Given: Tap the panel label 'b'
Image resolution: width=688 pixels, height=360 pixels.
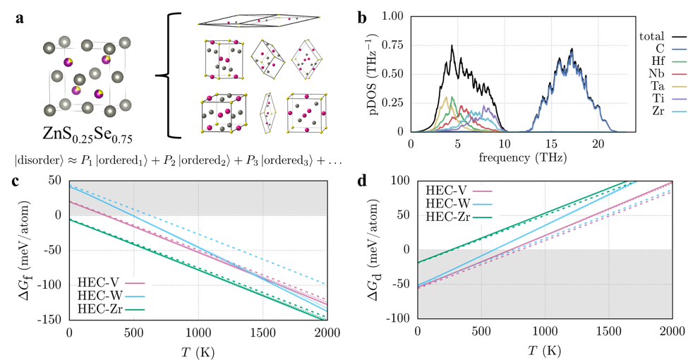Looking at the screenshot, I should pyautogui.click(x=362, y=18).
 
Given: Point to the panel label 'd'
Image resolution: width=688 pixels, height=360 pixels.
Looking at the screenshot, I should pyautogui.click(x=362, y=181).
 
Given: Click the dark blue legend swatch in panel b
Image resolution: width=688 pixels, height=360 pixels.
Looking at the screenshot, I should pyautogui.click(x=680, y=49).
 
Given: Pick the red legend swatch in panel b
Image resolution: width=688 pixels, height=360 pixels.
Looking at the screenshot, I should pyautogui.click(x=680, y=74).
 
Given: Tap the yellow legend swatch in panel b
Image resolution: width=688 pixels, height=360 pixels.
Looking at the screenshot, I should pyautogui.click(x=680, y=86).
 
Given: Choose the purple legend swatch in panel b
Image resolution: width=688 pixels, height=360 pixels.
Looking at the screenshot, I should pyautogui.click(x=680, y=99).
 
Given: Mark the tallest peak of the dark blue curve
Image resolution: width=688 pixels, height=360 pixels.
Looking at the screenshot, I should pyautogui.click(x=571, y=52).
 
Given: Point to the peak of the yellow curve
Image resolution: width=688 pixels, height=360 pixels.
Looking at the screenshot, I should pyautogui.click(x=447, y=97).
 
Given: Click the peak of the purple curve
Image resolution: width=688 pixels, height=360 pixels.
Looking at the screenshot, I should pyautogui.click(x=485, y=105).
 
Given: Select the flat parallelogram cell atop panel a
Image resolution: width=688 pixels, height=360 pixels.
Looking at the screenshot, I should pyautogui.click(x=258, y=20).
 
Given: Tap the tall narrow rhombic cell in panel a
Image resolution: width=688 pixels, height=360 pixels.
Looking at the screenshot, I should pyautogui.click(x=267, y=113).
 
